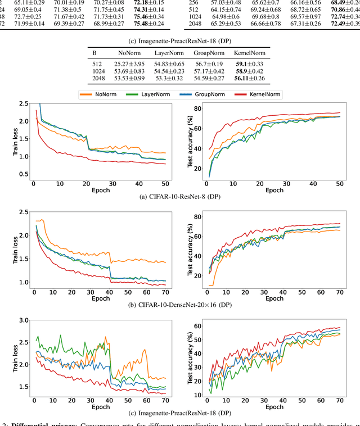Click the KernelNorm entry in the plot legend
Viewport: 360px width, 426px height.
tap(264, 95)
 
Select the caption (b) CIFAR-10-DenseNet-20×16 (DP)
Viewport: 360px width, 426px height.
tap(180, 304)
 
